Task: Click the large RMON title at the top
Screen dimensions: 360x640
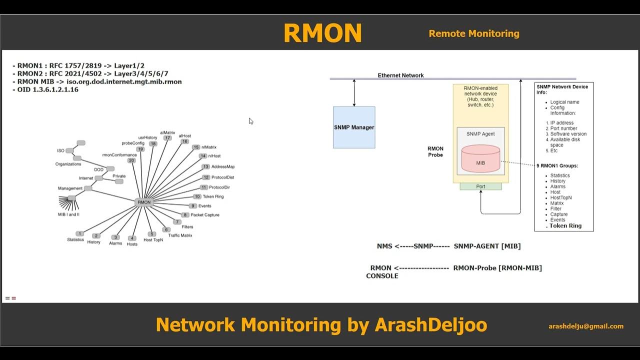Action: pos(322,33)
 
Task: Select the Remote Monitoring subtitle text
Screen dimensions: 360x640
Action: pos(473,33)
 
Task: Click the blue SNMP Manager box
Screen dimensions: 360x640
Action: pos(354,127)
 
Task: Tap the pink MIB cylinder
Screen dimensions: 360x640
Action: pos(480,158)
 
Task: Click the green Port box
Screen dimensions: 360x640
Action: pos(480,186)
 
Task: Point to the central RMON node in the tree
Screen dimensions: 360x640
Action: pos(143,202)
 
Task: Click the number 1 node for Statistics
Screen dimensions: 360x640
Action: pos(79,233)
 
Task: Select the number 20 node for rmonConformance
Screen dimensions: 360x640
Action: pos(131,160)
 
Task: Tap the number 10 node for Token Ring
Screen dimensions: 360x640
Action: pos(197,196)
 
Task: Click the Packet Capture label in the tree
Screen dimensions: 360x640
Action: pos(204,215)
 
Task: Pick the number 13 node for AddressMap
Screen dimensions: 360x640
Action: pos(205,166)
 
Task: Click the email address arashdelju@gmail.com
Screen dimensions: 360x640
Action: pos(586,326)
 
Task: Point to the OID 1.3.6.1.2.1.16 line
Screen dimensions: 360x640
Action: pos(45,89)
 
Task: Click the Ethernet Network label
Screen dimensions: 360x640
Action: pos(400,75)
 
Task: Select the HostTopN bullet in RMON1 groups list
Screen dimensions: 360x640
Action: pos(560,197)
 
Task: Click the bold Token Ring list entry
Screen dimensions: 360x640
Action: pos(565,226)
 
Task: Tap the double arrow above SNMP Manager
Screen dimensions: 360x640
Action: pos(354,92)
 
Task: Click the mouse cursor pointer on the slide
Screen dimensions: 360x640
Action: pos(250,121)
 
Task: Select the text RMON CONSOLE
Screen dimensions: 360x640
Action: pos(382,272)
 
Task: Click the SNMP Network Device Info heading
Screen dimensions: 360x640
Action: pos(562,89)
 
